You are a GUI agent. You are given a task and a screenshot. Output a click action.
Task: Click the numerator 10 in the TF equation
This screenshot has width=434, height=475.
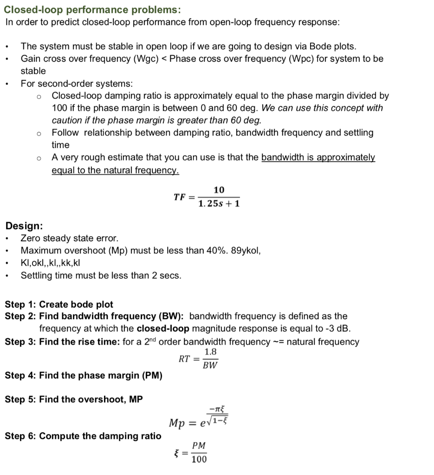pyautogui.click(x=219, y=190)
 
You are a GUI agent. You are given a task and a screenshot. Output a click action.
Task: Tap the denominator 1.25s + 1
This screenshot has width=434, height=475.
pyautogui.click(x=219, y=204)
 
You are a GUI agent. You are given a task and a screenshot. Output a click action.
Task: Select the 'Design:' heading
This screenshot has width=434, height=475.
pyautogui.click(x=24, y=226)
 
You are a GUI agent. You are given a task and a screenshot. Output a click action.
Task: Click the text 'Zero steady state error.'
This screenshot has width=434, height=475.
pyautogui.click(x=70, y=238)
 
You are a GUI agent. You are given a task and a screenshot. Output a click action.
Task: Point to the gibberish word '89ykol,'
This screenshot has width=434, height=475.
pyautogui.click(x=246, y=251)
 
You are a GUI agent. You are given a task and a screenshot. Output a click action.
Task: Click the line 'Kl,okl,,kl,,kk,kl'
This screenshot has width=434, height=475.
pyautogui.click(x=51, y=263)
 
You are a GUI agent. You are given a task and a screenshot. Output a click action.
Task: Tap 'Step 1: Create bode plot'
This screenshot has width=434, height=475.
pyautogui.click(x=59, y=305)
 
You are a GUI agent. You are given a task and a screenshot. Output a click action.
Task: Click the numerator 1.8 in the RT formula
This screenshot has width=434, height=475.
pyautogui.click(x=210, y=353)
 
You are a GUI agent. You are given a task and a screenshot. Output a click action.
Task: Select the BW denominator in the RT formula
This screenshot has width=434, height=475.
pyautogui.click(x=210, y=365)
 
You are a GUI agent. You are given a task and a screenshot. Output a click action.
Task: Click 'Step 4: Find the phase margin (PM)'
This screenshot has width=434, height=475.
pyautogui.click(x=84, y=375)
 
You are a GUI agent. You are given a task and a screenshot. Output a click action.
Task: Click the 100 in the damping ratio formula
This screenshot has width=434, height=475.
pyautogui.click(x=199, y=459)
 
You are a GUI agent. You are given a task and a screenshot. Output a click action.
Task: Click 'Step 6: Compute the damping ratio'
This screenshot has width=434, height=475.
pyautogui.click(x=83, y=436)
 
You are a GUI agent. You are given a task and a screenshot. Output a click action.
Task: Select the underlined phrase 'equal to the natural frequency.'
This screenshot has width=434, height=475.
pyautogui.click(x=115, y=170)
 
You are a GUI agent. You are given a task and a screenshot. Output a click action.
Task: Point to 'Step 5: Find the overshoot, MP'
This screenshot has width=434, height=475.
pyautogui.click(x=74, y=399)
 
